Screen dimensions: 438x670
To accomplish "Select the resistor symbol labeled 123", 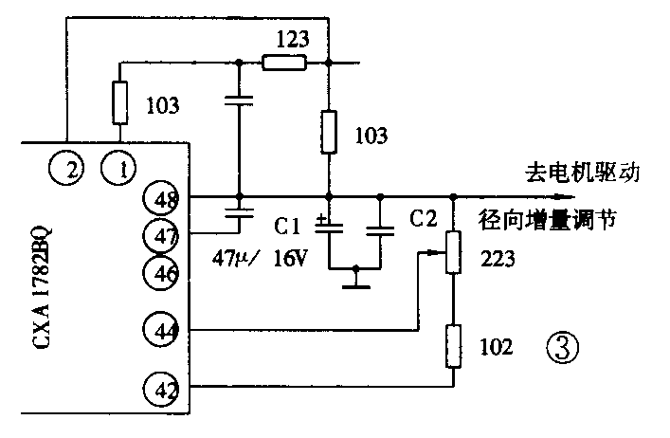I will tap(284, 64).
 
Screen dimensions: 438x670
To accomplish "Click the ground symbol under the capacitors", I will tap(355, 281).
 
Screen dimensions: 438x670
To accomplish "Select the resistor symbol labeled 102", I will tap(453, 347).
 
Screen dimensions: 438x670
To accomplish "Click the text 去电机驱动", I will tap(584, 173).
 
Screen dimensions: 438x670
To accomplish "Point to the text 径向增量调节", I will tap(550, 220).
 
